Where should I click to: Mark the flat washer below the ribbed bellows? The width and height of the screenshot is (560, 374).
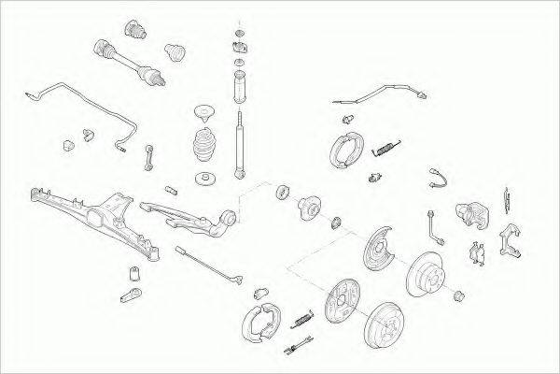(x=205, y=178)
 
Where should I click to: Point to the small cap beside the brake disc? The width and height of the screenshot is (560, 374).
(x=459, y=297)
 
